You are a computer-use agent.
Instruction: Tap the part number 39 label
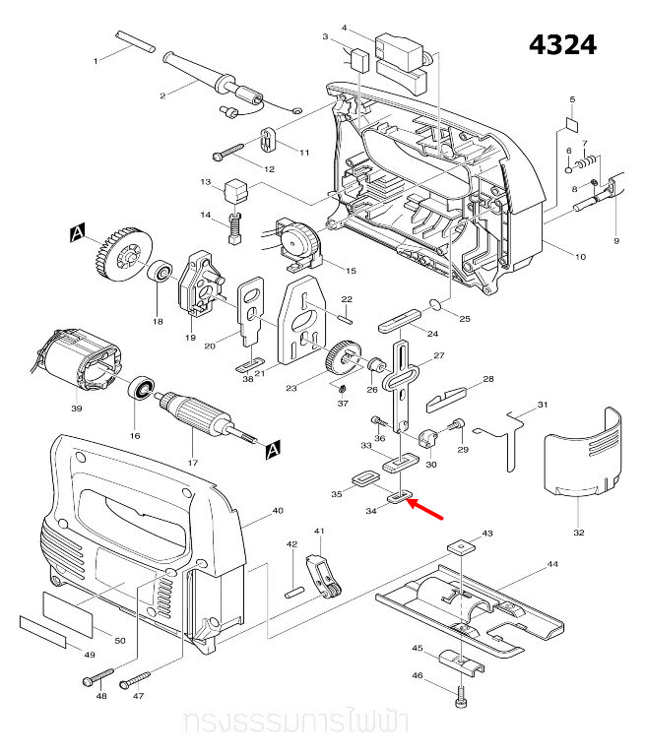(76, 406)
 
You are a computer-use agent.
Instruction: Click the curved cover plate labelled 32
(585, 454)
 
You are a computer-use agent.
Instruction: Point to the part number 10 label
(580, 257)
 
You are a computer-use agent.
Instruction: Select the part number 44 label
(552, 566)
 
